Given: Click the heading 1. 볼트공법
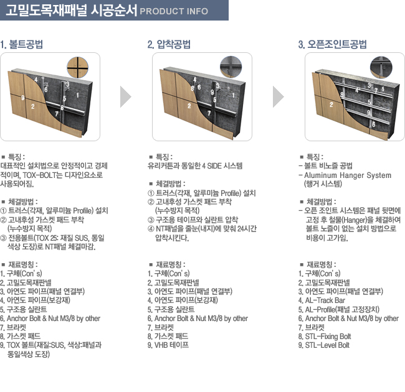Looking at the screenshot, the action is click(x=22, y=44).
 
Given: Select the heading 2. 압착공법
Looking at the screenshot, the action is click(x=169, y=44).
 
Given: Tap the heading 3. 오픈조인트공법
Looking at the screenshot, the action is click(x=333, y=44).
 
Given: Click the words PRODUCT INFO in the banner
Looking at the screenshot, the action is click(x=174, y=11).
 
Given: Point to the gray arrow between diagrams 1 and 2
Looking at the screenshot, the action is click(x=125, y=96).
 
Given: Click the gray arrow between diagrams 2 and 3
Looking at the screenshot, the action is click(x=278, y=96).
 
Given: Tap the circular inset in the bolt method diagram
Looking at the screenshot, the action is click(x=77, y=68).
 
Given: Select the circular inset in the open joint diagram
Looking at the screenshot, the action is click(x=381, y=68).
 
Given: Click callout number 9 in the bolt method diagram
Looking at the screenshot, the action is click(x=23, y=98).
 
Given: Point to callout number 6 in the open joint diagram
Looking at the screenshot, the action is click(x=373, y=124).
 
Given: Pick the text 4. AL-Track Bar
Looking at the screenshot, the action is click(x=322, y=301).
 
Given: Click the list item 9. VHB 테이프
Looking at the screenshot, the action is click(x=168, y=345).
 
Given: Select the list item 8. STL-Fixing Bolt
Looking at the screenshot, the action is click(x=325, y=336).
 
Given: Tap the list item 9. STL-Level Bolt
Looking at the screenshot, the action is click(x=324, y=345).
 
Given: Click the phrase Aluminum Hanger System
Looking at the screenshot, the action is click(x=348, y=175).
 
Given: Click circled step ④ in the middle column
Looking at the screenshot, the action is click(x=151, y=229).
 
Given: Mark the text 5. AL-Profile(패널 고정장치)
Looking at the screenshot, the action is click(x=338, y=309).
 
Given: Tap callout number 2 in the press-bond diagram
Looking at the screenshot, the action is click(x=189, y=106).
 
